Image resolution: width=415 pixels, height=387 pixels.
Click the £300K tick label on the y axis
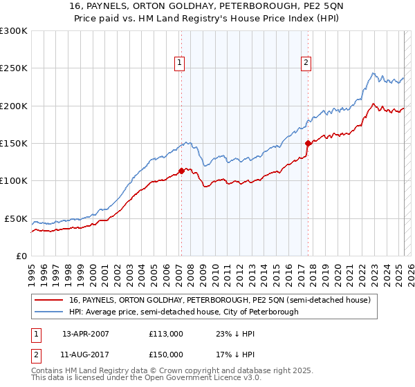tap(14, 31)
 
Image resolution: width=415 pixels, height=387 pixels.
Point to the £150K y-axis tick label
tap(14, 144)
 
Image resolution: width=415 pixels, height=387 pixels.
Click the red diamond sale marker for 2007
tap(181, 171)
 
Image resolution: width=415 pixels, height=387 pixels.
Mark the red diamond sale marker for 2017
tap(308, 143)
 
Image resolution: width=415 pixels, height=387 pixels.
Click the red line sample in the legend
tap(50, 300)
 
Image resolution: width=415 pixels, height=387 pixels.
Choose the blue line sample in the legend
tap(50, 312)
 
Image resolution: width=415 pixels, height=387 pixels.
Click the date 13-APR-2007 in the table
tap(86, 333)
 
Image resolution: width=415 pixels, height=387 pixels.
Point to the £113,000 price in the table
tap(166, 333)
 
